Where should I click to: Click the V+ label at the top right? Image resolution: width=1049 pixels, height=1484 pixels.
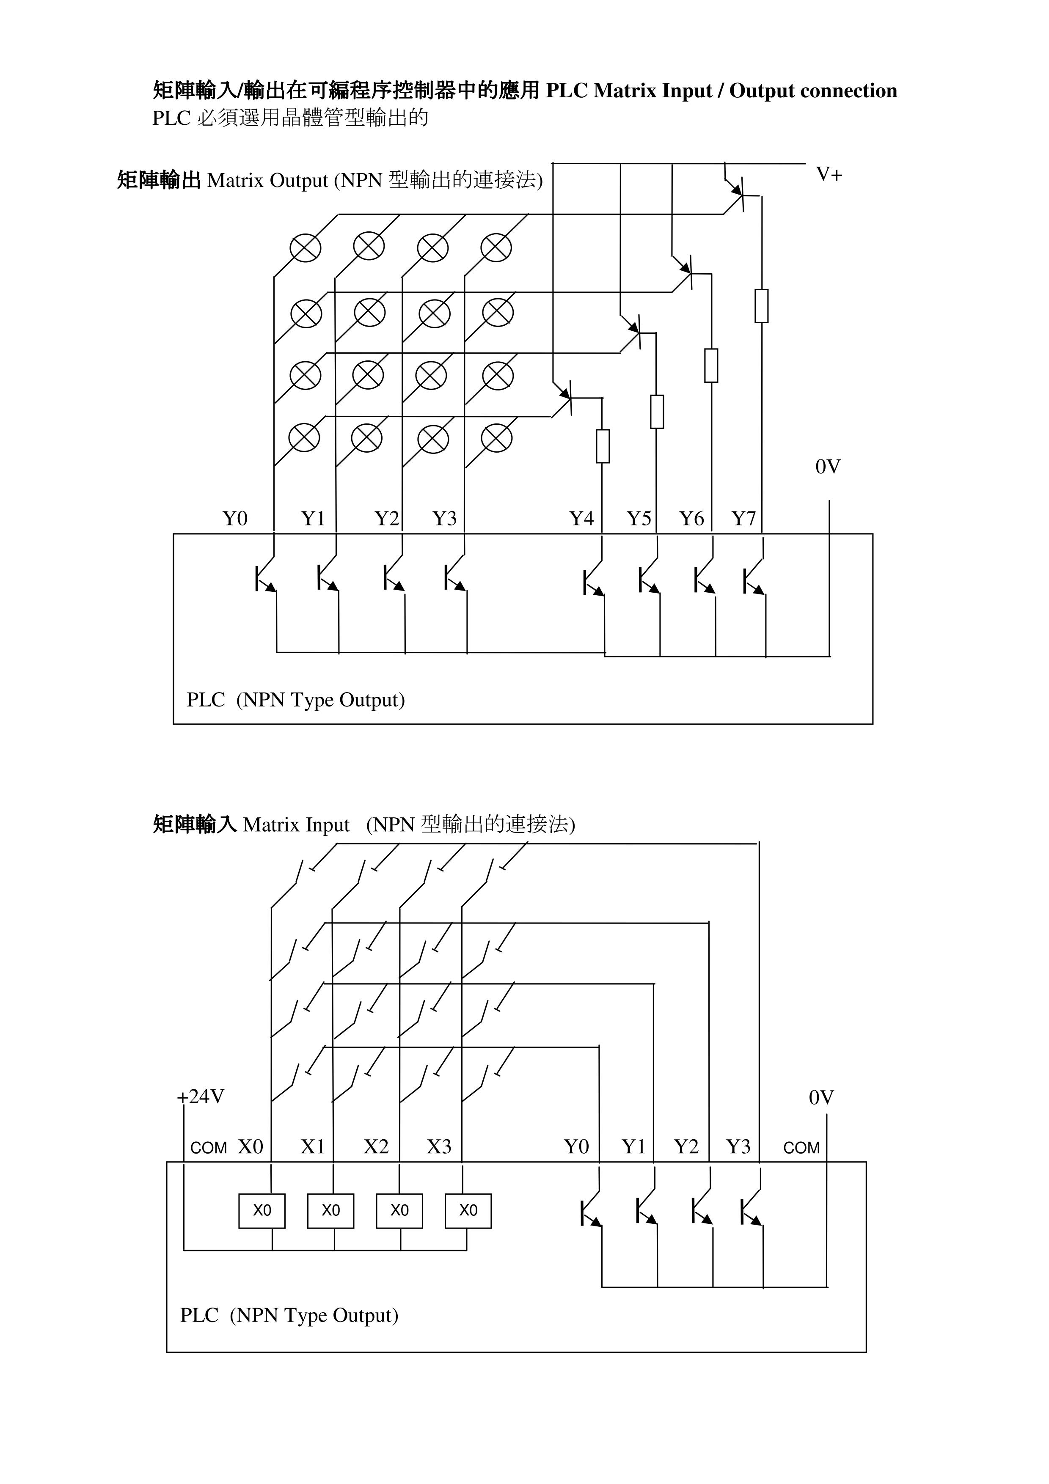pyautogui.click(x=829, y=175)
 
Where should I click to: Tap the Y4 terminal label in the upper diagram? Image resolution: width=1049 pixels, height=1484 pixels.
pyautogui.click(x=581, y=518)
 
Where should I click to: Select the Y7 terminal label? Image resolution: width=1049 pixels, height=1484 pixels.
pyautogui.click(x=743, y=518)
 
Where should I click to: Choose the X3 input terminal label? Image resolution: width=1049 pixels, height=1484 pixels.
pyautogui.click(x=439, y=1146)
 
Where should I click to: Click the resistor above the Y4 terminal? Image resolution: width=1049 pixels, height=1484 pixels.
pyautogui.click(x=603, y=446)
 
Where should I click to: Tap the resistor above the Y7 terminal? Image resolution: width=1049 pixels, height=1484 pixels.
pyautogui.click(x=761, y=306)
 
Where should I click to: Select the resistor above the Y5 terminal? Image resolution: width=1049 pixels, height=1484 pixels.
pyautogui.click(x=657, y=412)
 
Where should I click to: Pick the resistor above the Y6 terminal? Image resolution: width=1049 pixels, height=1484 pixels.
pyautogui.click(x=711, y=365)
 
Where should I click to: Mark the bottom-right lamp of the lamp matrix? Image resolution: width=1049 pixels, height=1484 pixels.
pyautogui.click(x=497, y=438)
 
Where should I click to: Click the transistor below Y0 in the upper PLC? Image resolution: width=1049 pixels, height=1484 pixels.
pyautogui.click(x=265, y=577)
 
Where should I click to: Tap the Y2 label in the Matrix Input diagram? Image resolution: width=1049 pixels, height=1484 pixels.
pyautogui.click(x=686, y=1146)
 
